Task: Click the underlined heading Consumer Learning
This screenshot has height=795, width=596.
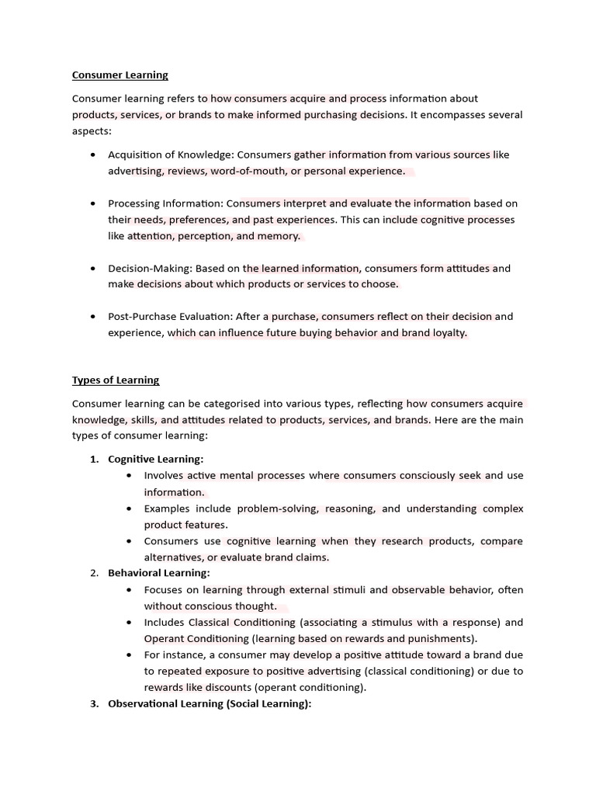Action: coord(120,75)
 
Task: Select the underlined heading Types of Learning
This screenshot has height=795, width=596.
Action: coord(116,380)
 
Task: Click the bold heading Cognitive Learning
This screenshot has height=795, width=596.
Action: coord(155,460)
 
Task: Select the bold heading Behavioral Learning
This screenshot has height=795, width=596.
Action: coord(158,573)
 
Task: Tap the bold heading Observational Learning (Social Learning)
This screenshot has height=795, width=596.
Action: coord(209,703)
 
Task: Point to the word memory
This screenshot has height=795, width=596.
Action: coord(279,236)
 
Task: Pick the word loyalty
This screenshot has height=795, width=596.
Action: coord(449,333)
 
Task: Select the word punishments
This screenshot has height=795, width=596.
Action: coord(442,638)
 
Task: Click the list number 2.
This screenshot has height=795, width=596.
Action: coord(94,573)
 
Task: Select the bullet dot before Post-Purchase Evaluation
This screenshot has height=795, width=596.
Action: coord(93,317)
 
